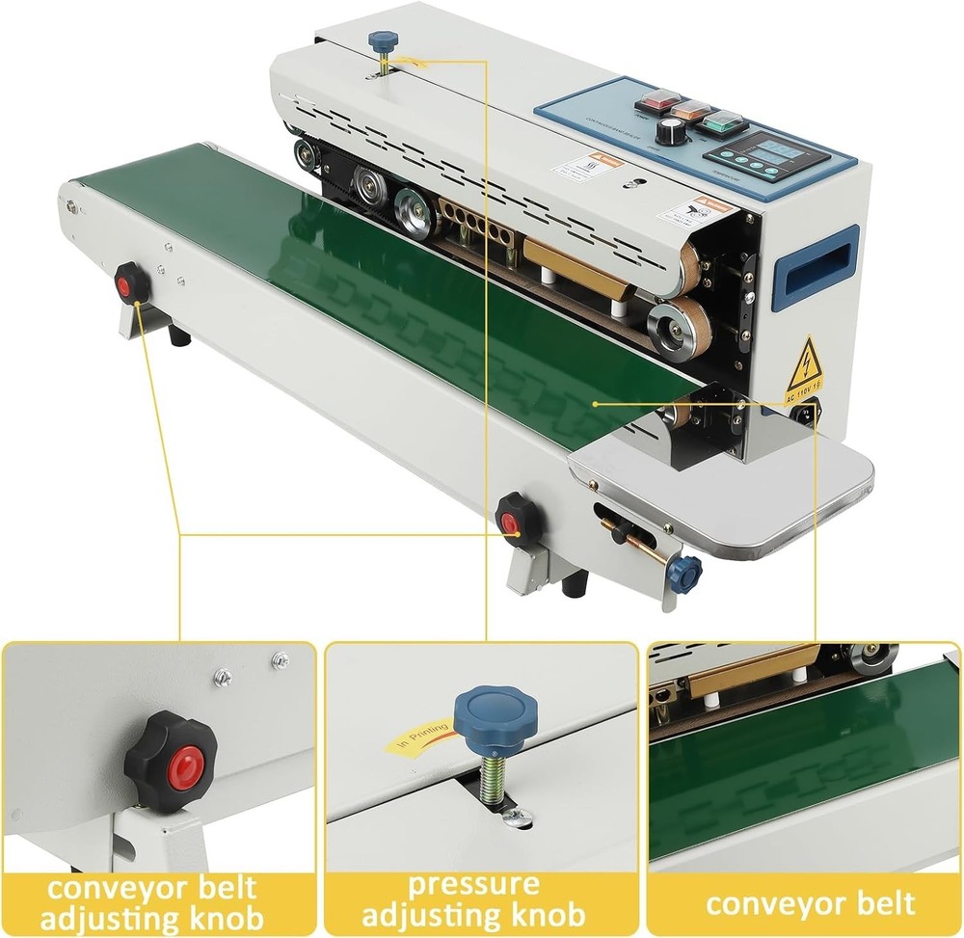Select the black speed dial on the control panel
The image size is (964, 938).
(667, 133)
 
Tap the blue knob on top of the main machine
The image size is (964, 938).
(383, 40)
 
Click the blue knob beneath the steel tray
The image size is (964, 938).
(684, 573)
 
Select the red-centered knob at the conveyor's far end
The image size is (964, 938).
(130, 283)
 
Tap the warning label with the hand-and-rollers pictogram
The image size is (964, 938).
(690, 210)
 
